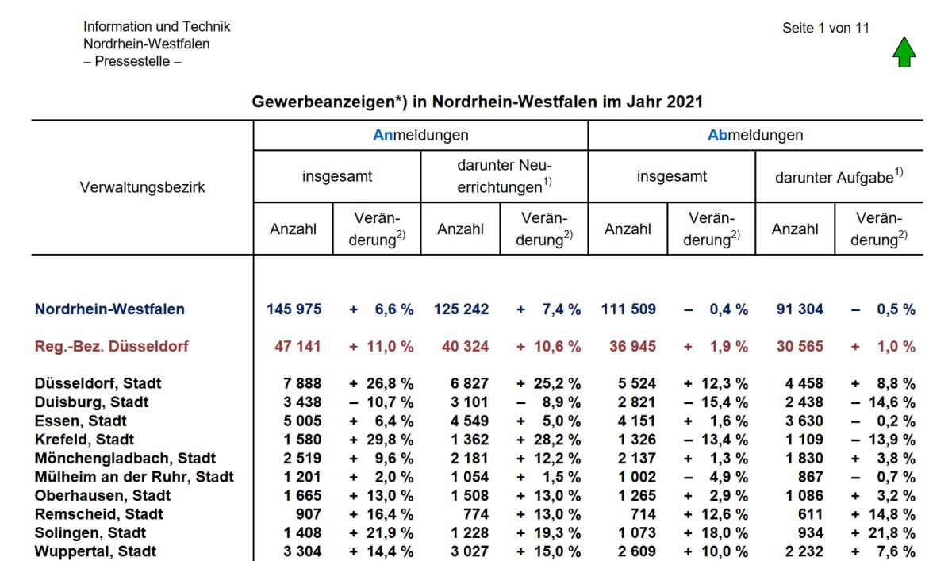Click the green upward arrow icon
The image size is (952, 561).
[904, 52]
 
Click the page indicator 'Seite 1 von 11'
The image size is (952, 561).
[826, 28]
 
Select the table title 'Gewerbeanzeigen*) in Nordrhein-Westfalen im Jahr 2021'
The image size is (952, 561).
[478, 102]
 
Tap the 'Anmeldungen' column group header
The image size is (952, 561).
[420, 135]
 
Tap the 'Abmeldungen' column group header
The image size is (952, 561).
[755, 135]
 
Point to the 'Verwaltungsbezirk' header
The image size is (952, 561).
[142, 187]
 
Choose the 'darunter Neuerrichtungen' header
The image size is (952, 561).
[505, 176]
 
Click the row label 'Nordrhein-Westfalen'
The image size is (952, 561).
[109, 309]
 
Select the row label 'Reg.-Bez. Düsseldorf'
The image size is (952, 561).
[111, 346]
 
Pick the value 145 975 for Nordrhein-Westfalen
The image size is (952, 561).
[294, 309]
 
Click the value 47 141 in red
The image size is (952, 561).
[297, 346]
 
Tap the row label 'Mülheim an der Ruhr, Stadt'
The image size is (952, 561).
[134, 476]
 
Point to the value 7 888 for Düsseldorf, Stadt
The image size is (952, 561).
[302, 383]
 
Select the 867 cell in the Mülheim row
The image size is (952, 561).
[811, 477]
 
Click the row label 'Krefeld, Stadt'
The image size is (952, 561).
[84, 439]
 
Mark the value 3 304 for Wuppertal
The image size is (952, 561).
[302, 551]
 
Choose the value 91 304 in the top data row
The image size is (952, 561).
[800, 309]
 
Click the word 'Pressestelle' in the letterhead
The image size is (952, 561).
[132, 61]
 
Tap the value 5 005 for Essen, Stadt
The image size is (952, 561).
[302, 421]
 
